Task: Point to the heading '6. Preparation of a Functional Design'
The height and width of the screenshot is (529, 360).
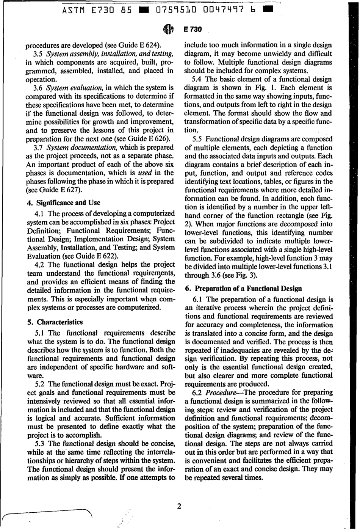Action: click(243, 288)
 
